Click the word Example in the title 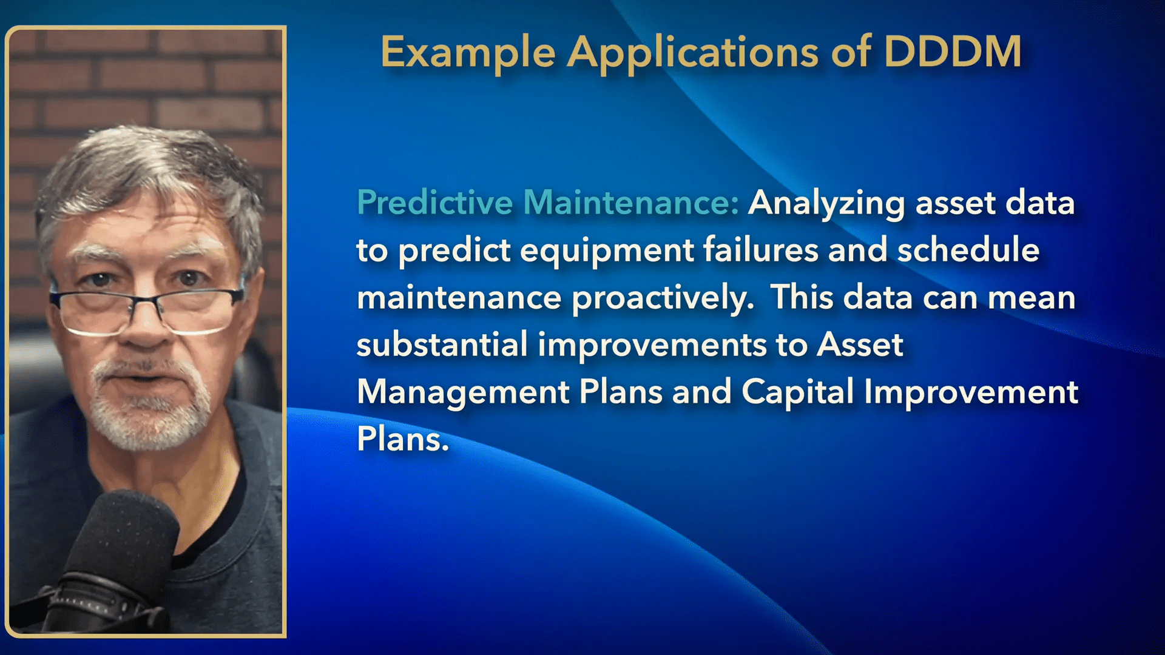pos(468,53)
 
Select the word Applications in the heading pos(693,53)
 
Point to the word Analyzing pos(826,203)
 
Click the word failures pos(761,249)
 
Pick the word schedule pos(968,249)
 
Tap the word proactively pos(663,298)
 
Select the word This pos(802,297)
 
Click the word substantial pos(442,344)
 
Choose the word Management pos(463,392)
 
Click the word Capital pos(797,392)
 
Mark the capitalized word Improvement pos(971,392)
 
